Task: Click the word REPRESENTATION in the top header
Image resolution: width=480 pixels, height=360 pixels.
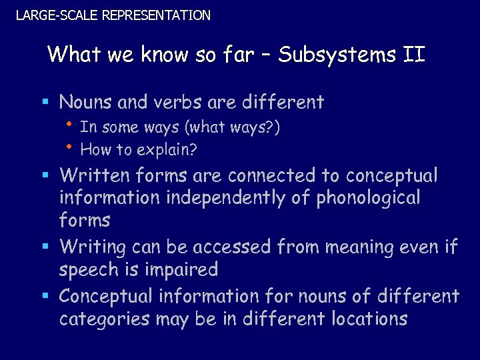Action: tap(156, 15)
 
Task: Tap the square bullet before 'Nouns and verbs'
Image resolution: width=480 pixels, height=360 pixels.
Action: tap(45, 103)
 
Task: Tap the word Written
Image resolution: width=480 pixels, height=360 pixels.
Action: tap(96, 175)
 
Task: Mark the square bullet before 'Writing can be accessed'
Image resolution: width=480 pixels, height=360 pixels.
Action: tap(45, 247)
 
